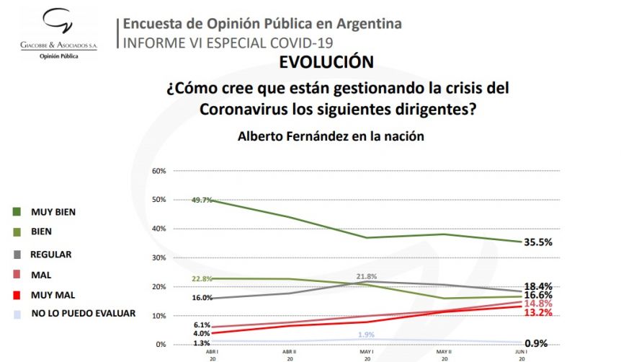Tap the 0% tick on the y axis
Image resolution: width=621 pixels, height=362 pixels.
161,345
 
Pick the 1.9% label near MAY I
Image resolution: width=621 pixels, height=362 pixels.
367,335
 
